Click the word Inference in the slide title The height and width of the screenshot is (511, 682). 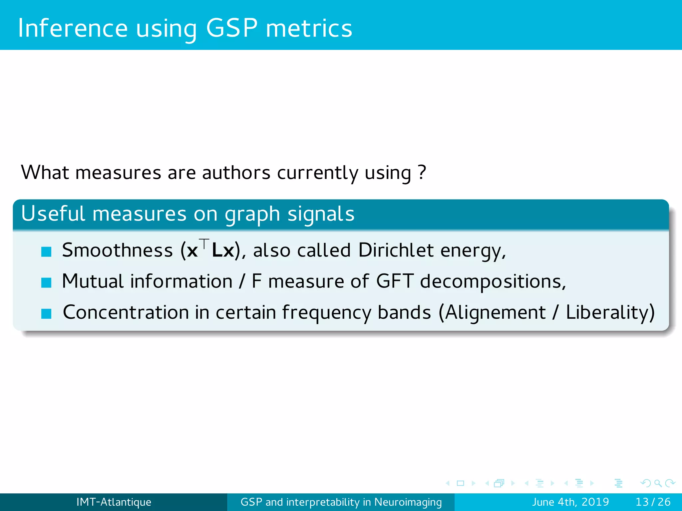pyautogui.click(x=73, y=28)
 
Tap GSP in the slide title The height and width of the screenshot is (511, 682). pyautogui.click(x=232, y=28)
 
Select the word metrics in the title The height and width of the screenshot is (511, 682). pyautogui.click(x=309, y=29)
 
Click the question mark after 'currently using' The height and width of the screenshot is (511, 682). pyautogui.click(x=422, y=172)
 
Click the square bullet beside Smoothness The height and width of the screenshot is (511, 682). pyautogui.click(x=46, y=252)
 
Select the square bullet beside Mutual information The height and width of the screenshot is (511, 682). pyautogui.click(x=46, y=282)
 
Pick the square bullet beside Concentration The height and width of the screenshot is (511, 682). pyautogui.click(x=46, y=313)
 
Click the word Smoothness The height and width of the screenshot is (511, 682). pyautogui.click(x=117, y=250)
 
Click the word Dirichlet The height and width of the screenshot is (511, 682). pyautogui.click(x=396, y=250)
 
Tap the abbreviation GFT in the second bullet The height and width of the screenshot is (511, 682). pyautogui.click(x=395, y=281)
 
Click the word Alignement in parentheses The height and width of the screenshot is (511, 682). pyautogui.click(x=495, y=312)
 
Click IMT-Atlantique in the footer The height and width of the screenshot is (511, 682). pyautogui.click(x=114, y=502)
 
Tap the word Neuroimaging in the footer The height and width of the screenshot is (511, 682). pyautogui.click(x=408, y=502)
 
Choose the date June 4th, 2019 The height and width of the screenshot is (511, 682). pyautogui.click(x=570, y=502)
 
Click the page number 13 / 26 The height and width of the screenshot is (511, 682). pyautogui.click(x=653, y=502)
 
